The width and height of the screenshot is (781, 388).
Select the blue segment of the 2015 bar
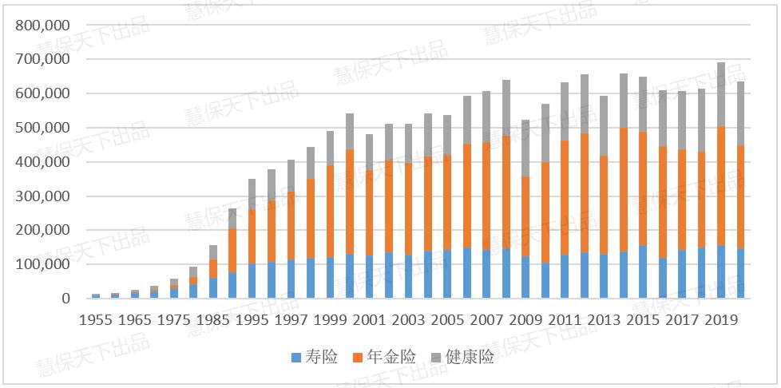click(x=643, y=271)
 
